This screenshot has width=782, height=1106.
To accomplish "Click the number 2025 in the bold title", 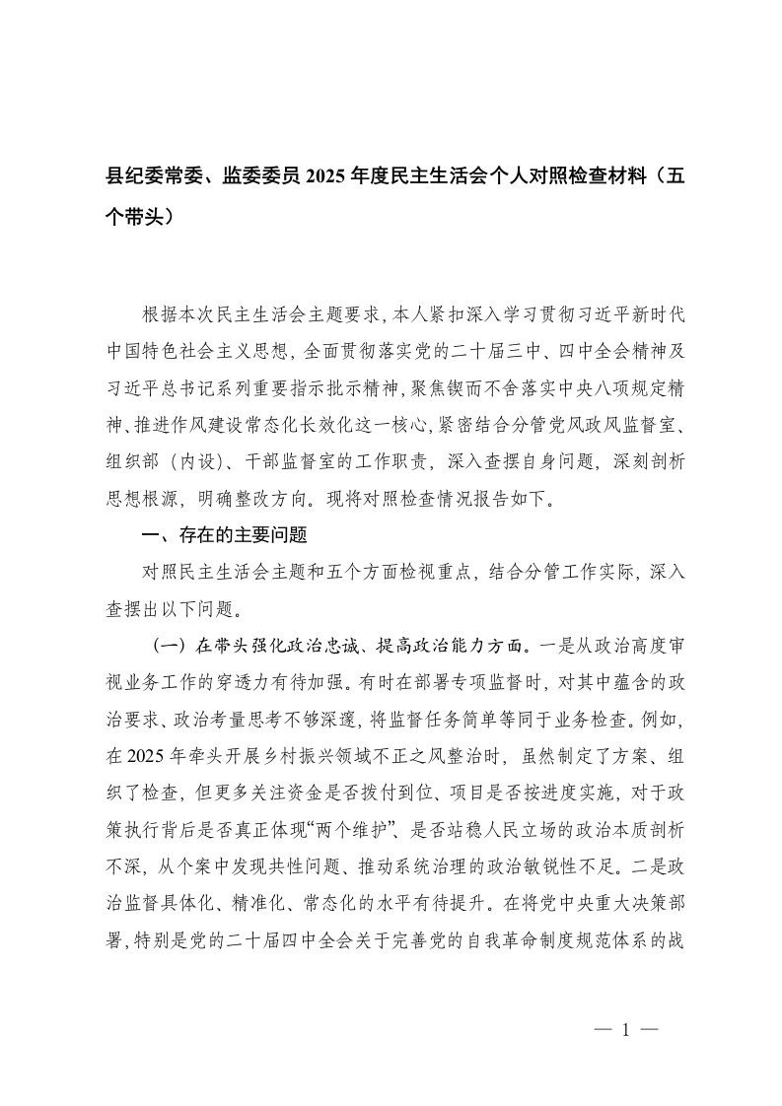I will coord(354,177).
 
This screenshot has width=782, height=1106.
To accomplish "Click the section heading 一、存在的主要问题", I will coord(226,536).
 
